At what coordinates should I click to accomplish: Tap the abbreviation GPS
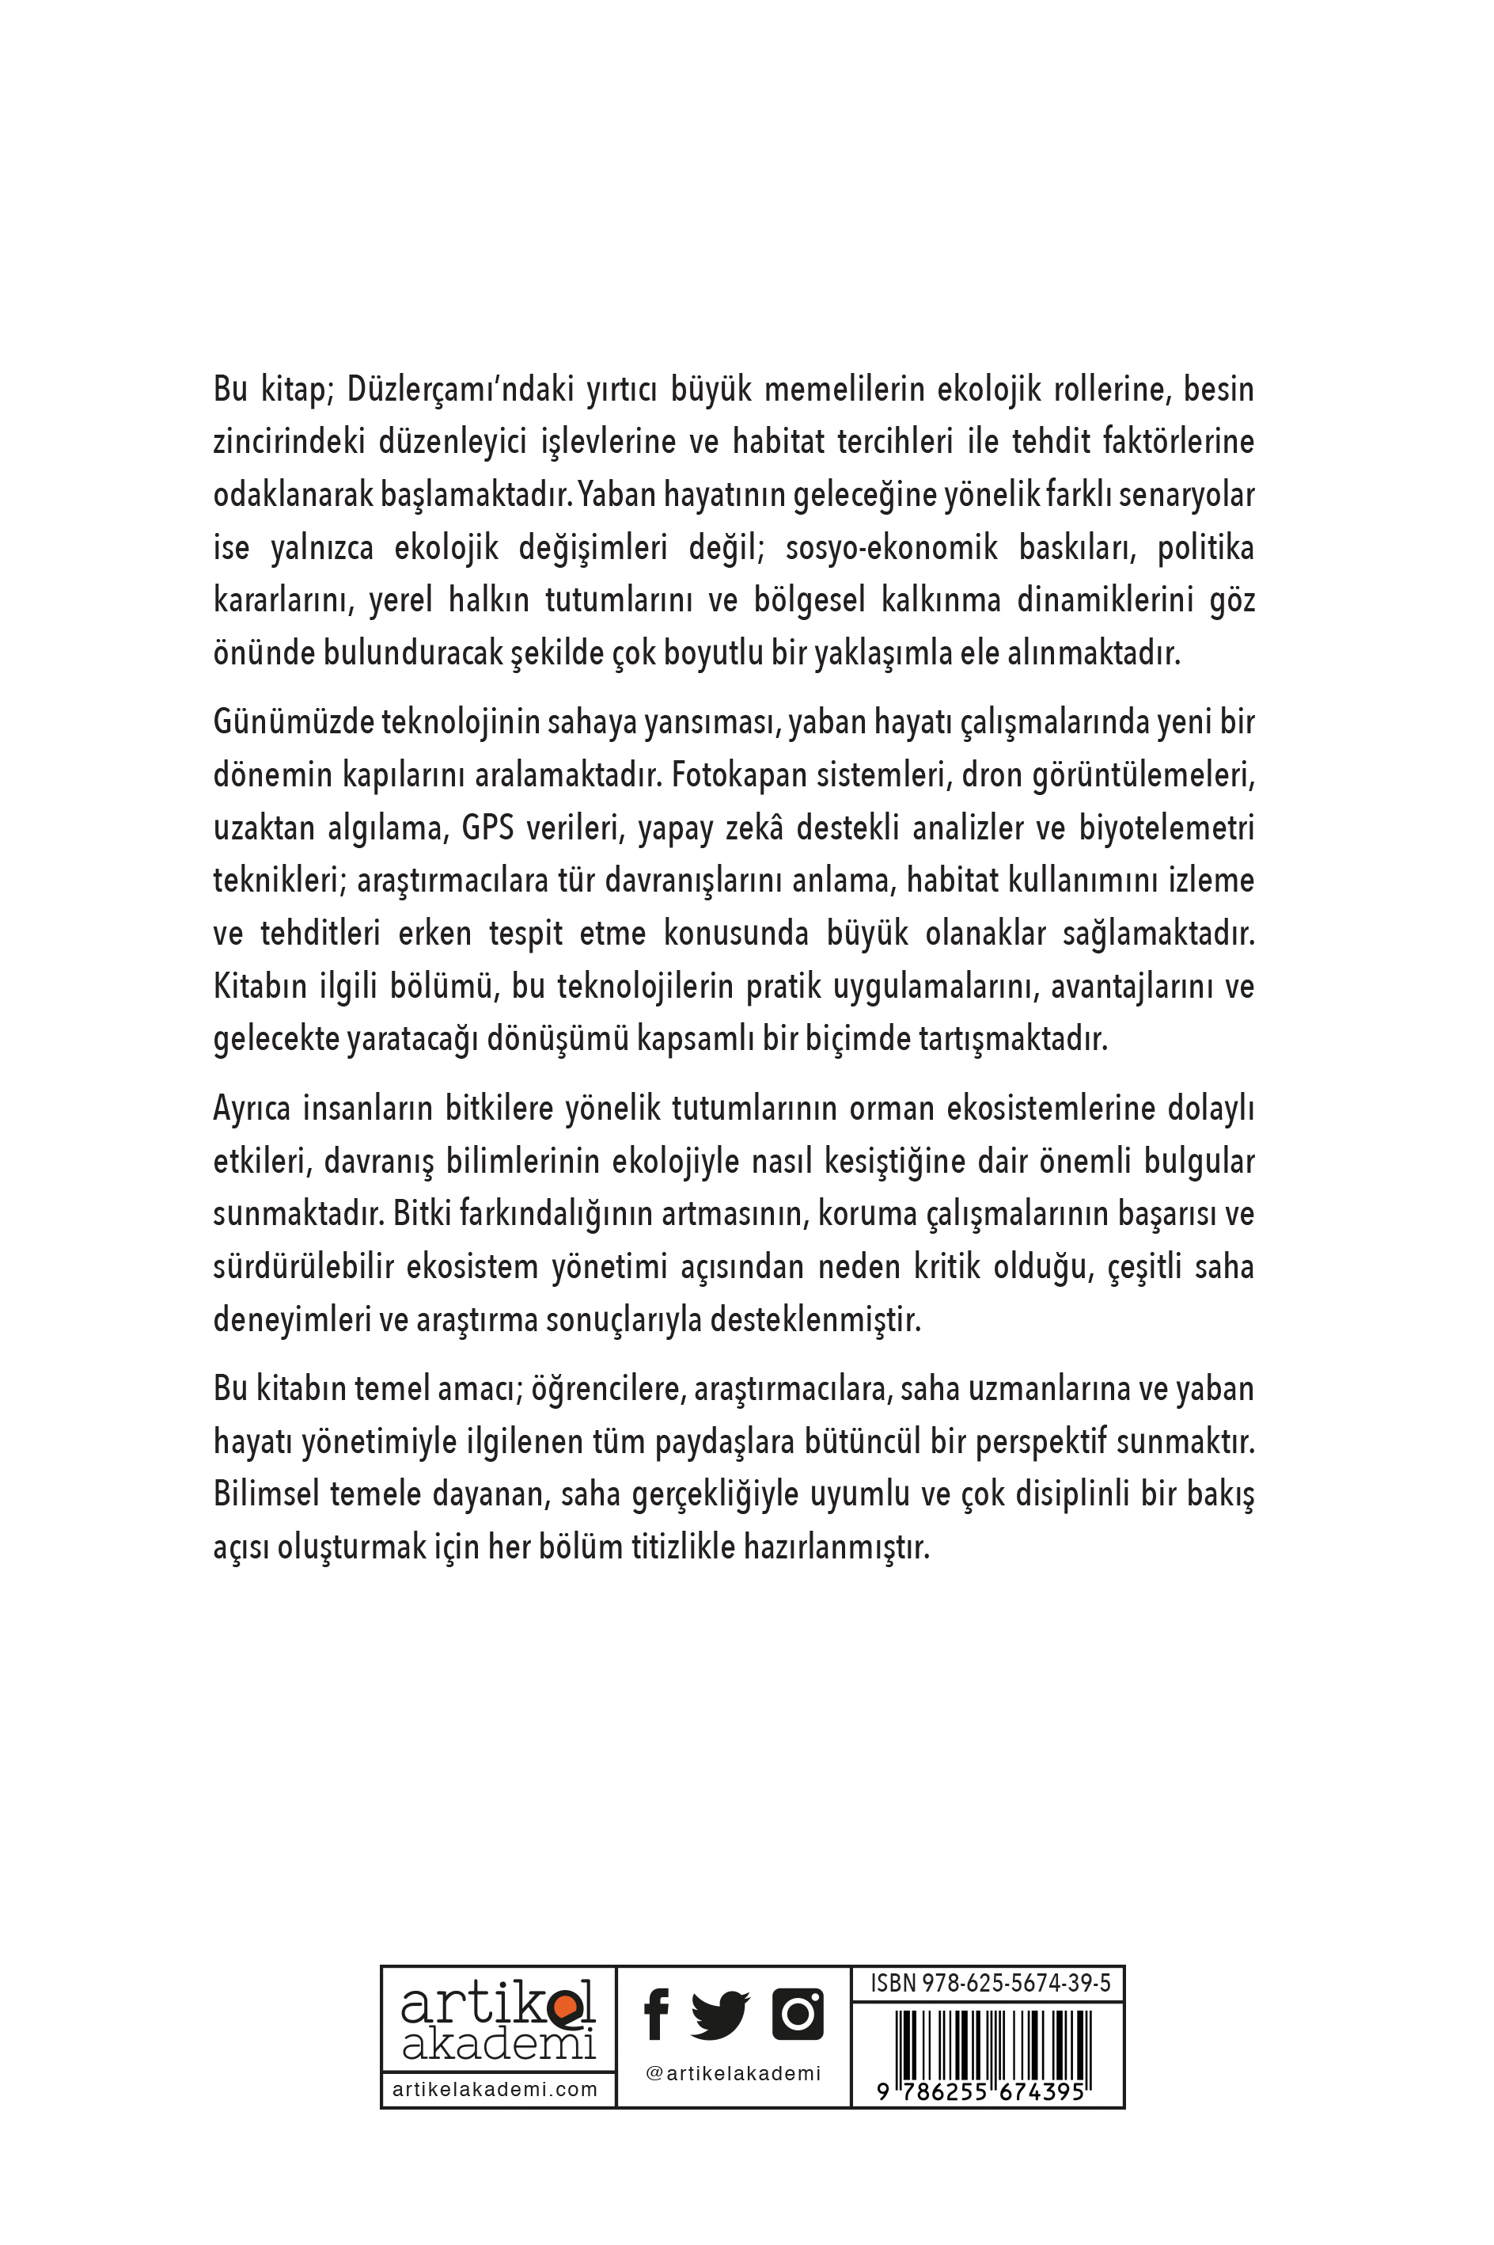tap(487, 828)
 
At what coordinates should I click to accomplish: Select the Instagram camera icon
tap(798, 2013)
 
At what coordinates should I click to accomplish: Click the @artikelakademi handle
tap(733, 2073)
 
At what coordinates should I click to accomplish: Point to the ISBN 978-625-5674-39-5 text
tap(990, 1984)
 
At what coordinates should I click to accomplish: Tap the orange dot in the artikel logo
tap(565, 2007)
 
